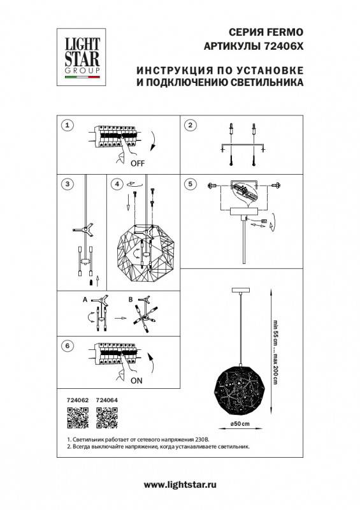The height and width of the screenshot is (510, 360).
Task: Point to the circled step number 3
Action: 69,184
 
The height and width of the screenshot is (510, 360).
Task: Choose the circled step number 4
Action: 116,184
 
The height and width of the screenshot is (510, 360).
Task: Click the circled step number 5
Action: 189,184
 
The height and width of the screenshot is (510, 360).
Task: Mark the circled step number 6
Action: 69,346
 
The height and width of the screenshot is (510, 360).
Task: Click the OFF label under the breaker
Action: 137,163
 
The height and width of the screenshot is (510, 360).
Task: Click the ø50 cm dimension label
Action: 240,424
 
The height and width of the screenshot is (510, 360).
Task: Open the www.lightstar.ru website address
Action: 180,484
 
